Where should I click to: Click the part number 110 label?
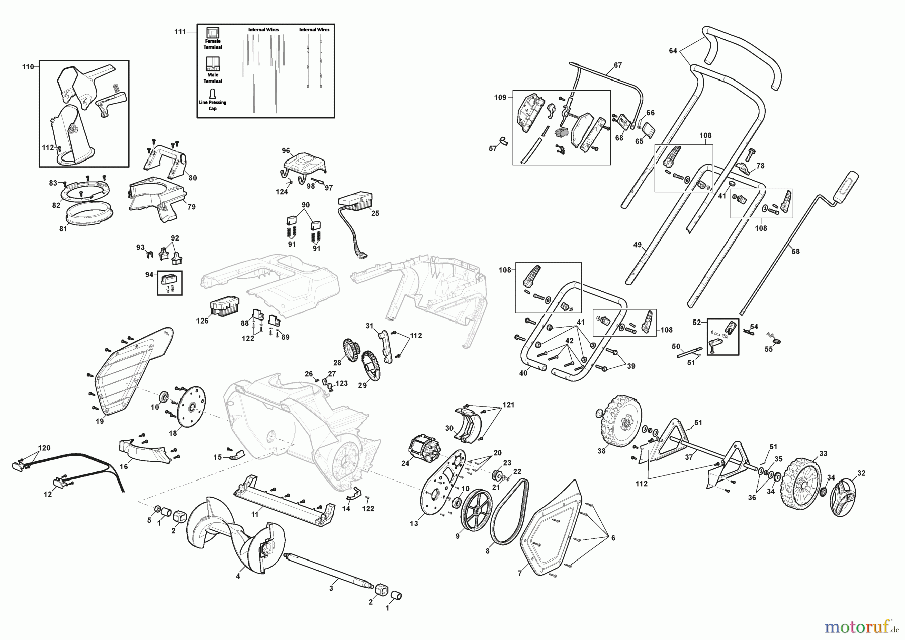(x=28, y=66)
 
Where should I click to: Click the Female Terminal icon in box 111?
(x=213, y=32)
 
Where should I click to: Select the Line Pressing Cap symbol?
(x=213, y=94)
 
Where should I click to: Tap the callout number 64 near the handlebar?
(x=673, y=51)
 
